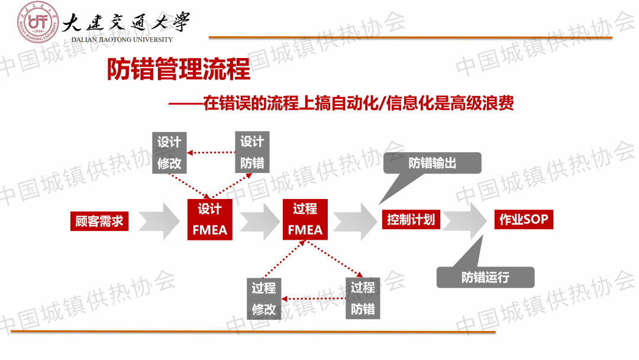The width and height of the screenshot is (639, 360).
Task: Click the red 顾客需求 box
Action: [x=99, y=221]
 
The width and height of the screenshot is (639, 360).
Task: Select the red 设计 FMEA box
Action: [x=209, y=219]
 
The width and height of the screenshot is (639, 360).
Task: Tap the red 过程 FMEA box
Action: [x=305, y=220]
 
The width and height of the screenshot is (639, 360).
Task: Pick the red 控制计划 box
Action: [x=411, y=220]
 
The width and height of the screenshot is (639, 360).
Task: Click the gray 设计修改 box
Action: [x=169, y=152]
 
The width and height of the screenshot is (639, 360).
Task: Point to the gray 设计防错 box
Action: [x=252, y=152]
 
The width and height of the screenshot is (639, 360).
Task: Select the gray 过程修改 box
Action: [x=263, y=298]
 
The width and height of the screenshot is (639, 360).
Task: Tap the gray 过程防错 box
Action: [x=363, y=298]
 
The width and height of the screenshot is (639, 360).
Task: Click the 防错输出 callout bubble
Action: [x=433, y=163]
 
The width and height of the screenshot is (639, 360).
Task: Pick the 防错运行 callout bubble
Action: [x=485, y=277]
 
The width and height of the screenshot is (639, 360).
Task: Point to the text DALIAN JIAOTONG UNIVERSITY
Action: [x=122, y=40]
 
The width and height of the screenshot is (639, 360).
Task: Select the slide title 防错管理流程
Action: [x=179, y=70]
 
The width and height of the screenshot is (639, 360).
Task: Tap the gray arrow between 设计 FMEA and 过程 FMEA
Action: [x=259, y=221]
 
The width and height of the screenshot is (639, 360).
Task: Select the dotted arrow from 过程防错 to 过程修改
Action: [x=313, y=298]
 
